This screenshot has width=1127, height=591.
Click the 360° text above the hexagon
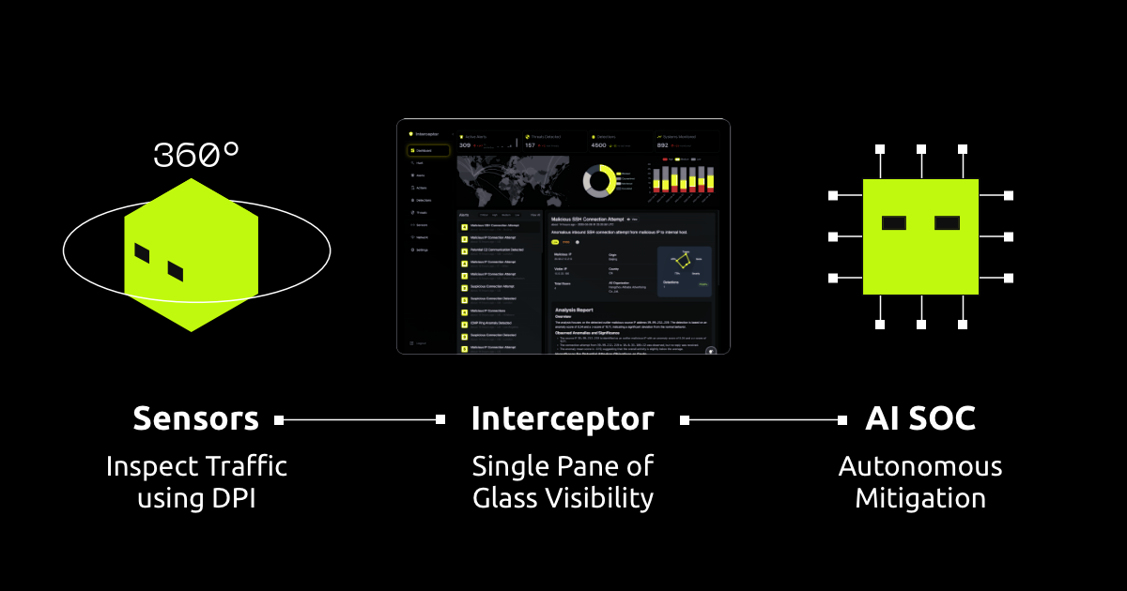pos(196,155)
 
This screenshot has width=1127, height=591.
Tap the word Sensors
pos(195,419)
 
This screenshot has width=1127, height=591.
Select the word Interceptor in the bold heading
pos(563,419)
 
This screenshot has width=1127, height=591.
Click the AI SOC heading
pos(919,419)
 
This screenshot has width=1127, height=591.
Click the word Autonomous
pos(919,466)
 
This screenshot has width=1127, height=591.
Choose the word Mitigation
pos(919,498)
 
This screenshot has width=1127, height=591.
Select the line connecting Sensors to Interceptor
pos(361,420)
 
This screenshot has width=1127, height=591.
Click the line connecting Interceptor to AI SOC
pos(765,420)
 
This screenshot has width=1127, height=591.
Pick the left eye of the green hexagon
pos(142,253)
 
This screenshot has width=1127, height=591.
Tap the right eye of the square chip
pos(946,223)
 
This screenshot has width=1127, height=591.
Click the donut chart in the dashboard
pos(598,181)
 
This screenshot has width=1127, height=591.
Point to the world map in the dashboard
pos(512,179)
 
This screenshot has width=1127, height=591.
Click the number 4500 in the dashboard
pos(598,145)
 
